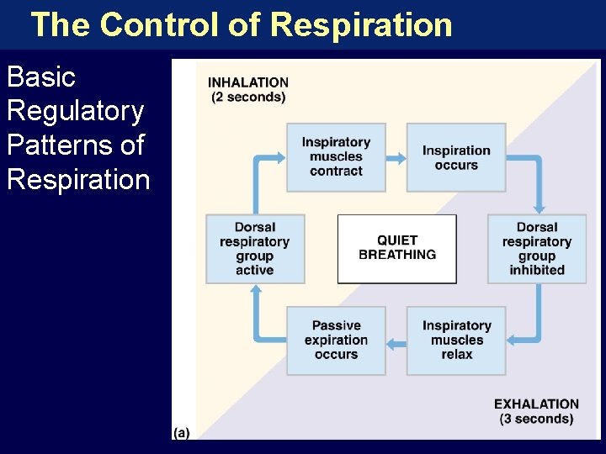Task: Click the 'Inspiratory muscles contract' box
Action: [336, 157]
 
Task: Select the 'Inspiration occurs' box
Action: [456, 157]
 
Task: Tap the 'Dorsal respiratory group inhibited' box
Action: [537, 249]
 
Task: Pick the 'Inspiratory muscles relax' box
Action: [456, 340]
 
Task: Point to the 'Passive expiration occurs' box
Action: [336, 340]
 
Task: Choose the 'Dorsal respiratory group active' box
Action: [255, 249]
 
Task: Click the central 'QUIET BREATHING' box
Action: [397, 248]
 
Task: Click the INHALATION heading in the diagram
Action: [248, 83]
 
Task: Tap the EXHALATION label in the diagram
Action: [536, 404]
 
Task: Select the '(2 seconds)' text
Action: [248, 98]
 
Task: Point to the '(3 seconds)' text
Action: [536, 419]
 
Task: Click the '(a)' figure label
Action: [181, 432]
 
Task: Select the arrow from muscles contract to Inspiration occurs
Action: [396, 157]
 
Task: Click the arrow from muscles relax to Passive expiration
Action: [396, 340]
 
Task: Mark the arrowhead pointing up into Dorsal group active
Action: [255, 289]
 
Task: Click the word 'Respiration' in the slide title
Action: [362, 24]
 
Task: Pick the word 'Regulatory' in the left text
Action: [75, 111]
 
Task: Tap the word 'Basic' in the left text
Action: [41, 77]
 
